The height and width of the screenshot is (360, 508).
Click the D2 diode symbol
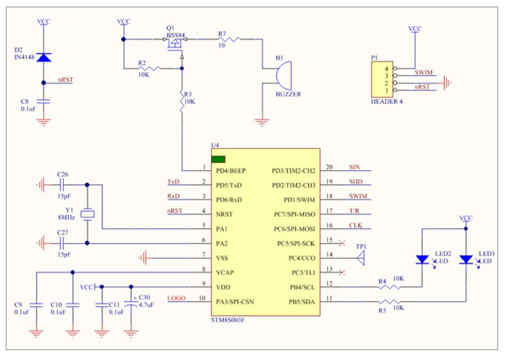(43, 57)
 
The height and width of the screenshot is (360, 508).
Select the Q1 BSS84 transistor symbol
(175, 43)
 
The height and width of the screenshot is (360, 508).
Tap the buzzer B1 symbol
(284, 76)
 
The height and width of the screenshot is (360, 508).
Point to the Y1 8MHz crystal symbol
(88, 214)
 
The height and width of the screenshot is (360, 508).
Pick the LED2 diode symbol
(422, 259)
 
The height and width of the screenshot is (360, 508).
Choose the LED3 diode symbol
(466, 259)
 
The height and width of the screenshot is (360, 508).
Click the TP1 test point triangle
(362, 259)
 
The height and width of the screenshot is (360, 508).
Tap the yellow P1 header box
(382, 79)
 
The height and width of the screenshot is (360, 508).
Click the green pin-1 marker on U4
(218, 159)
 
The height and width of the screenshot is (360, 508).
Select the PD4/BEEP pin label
(231, 171)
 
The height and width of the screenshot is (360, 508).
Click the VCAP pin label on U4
(225, 272)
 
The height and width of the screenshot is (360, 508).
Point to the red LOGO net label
(177, 298)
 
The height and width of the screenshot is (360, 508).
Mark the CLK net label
(355, 225)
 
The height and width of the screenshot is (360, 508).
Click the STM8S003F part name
(227, 320)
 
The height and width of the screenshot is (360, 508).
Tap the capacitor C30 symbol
(131, 304)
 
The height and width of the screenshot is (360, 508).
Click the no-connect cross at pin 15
(341, 243)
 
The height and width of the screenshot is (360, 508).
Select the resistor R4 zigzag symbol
(389, 286)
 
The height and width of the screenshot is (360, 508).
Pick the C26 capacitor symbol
(62, 185)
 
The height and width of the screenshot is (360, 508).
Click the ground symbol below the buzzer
(262, 122)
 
